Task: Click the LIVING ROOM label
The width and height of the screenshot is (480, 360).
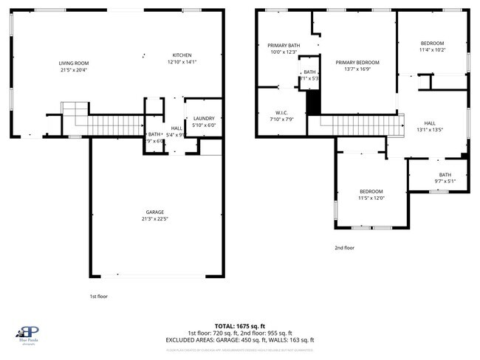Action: tap(74, 63)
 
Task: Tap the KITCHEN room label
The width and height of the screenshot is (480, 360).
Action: tap(182, 55)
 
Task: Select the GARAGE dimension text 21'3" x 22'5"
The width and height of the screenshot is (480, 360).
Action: tap(154, 218)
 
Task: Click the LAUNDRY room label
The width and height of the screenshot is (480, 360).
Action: tap(203, 118)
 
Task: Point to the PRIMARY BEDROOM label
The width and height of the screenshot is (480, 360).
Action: tap(357, 63)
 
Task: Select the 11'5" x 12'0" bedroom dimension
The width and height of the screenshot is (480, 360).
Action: tap(371, 198)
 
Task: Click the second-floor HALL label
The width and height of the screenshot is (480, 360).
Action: tap(430, 123)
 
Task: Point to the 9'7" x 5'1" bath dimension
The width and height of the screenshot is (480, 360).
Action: tap(445, 181)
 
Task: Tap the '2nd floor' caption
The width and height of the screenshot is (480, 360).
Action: tap(344, 248)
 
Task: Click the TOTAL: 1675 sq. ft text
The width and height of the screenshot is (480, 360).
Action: tap(240, 325)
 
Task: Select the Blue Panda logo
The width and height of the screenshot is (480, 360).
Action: tap(28, 333)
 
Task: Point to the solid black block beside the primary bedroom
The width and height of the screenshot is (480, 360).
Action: tap(313, 101)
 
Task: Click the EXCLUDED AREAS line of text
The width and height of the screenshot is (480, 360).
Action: tap(240, 340)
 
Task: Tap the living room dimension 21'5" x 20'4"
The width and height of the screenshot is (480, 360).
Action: tap(74, 70)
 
